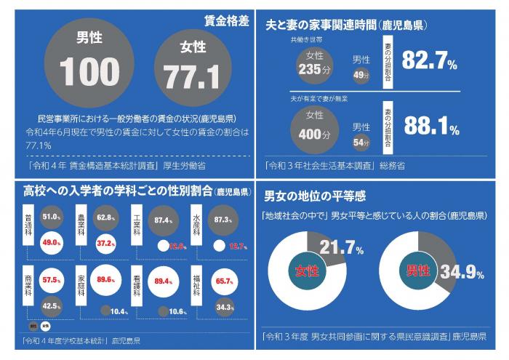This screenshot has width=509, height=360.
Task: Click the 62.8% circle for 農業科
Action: tap(106, 217)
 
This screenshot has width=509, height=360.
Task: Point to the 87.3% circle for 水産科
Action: tap(221, 220)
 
